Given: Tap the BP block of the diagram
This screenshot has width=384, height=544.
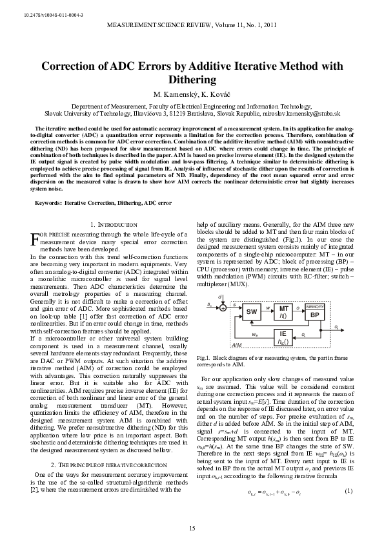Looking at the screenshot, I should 314,315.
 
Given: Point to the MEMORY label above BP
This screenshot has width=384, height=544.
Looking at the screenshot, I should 314,305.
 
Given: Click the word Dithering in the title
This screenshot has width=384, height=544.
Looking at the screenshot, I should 192,79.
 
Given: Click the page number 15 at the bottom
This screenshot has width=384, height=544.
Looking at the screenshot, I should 192,529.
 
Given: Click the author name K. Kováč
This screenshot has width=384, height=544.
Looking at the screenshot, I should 218,94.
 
